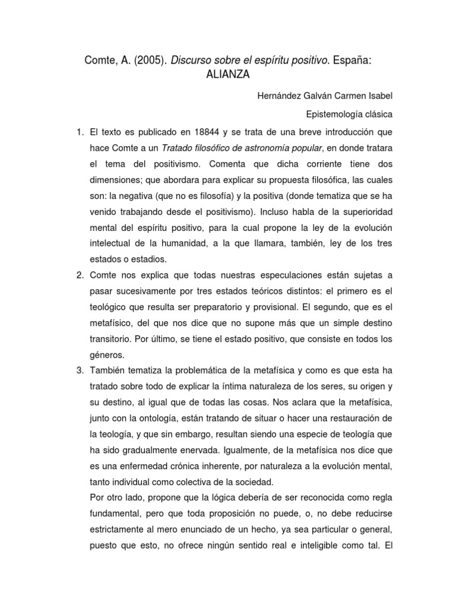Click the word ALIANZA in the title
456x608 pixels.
coord(227,75)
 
